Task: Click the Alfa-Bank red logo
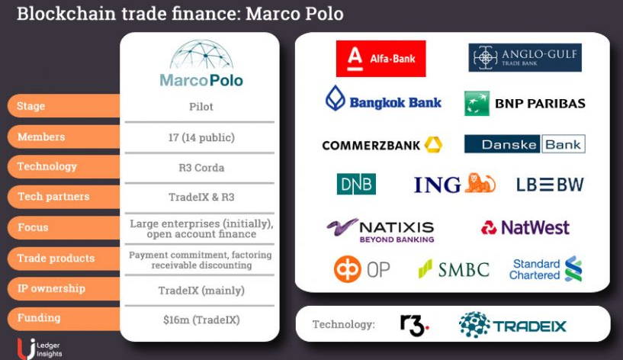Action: point(381,59)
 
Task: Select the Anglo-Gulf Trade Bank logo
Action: point(525,58)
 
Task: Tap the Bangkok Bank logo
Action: point(384,99)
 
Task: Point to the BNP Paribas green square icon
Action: point(477,103)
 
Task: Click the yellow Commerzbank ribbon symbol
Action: point(433,145)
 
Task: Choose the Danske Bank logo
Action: point(525,144)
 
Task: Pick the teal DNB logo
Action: point(356,184)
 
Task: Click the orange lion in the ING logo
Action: point(480,183)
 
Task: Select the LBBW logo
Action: point(550,185)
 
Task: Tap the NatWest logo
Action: point(525,228)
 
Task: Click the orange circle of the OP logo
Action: point(348,269)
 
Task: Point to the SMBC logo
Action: point(454,269)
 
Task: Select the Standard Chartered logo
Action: point(545,269)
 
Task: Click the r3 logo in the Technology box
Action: point(414,326)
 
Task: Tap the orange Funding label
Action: point(63,318)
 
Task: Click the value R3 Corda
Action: point(201,168)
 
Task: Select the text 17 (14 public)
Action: point(201,137)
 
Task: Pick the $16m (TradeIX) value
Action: point(201,320)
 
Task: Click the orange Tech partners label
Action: point(63,197)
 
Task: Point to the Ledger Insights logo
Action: point(40,349)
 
